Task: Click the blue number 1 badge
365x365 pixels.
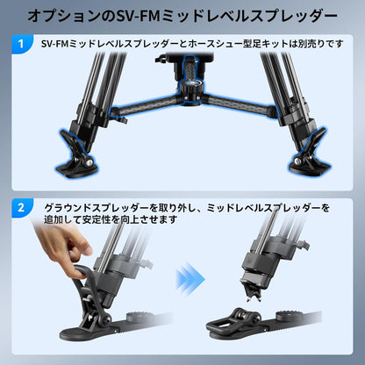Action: (21, 44)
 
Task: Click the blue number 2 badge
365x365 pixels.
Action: (21, 208)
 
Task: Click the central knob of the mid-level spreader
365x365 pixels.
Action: (190, 88)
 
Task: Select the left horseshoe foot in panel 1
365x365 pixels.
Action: (75, 156)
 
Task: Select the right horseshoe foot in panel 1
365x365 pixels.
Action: (309, 154)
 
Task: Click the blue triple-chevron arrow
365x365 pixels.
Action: (190, 278)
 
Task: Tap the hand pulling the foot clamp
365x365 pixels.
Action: (63, 247)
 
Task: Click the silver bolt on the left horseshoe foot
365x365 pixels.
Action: (89, 162)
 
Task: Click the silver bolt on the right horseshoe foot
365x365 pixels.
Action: (297, 161)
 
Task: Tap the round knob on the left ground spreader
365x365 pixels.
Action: (140, 317)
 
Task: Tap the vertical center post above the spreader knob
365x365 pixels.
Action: (190, 68)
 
